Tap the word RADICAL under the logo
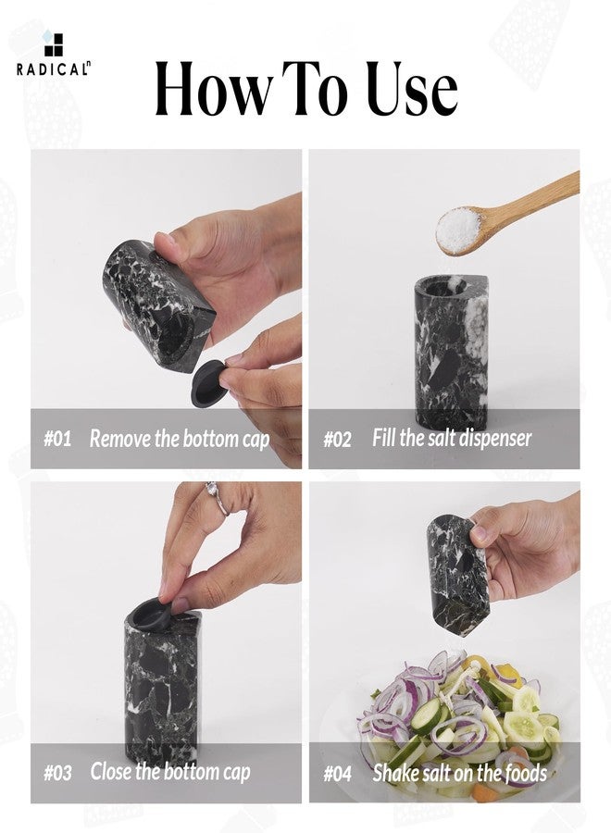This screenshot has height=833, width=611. [52, 69]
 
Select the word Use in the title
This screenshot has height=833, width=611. [412, 88]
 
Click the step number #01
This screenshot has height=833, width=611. [57, 439]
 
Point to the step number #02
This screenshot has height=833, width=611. [337, 440]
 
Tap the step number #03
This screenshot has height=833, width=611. [57, 773]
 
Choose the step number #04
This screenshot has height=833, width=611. [337, 773]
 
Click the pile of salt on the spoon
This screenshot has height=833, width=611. [458, 230]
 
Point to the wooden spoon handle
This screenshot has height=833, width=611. [530, 199]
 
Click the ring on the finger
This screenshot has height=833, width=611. [218, 498]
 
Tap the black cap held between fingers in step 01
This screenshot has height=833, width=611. [208, 383]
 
